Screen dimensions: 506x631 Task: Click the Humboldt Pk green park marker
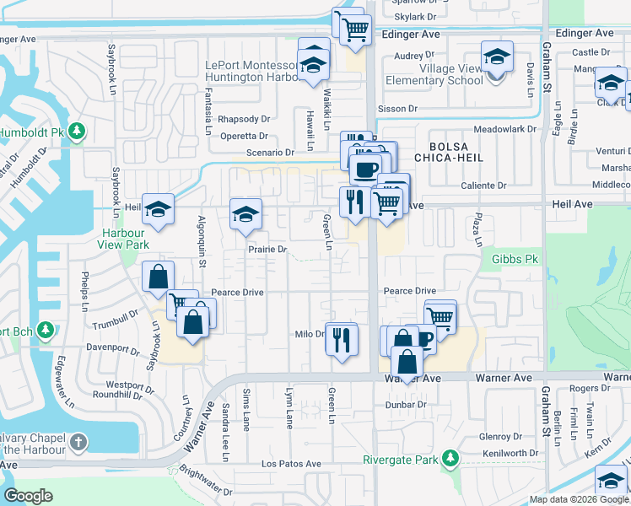[x=77, y=132]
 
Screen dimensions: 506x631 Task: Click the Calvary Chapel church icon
[x=78, y=442]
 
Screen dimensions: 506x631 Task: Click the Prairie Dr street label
[x=267, y=250]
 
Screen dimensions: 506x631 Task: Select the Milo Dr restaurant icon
[x=342, y=340]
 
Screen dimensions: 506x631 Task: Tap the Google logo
[x=29, y=497]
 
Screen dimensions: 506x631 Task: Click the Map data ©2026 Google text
[x=579, y=499]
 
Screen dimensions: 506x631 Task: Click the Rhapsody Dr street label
[x=243, y=119]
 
